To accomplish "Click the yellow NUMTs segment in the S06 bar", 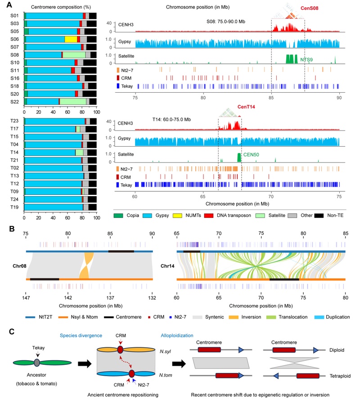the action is click(71, 39).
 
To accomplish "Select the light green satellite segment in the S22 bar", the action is click(73, 102).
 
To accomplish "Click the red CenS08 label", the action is click(309, 8).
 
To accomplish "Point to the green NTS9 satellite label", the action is click(306, 60).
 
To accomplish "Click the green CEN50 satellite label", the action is click(251, 155).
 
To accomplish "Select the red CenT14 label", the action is click(246, 107).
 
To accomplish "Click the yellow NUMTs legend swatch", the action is click(177, 215).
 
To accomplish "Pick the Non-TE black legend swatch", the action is click(319, 215).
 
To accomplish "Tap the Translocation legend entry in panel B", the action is click(293, 317).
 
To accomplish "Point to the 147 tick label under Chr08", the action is click(26, 298).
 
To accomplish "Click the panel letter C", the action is click(11, 332).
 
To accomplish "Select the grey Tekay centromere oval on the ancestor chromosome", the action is click(37, 363).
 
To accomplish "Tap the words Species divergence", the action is click(81, 336).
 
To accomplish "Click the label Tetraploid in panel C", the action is click(340, 376).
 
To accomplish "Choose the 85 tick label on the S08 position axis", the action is click(271, 98).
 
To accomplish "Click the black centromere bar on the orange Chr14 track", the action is click(284, 279).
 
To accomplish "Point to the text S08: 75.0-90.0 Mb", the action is click(226, 22).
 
